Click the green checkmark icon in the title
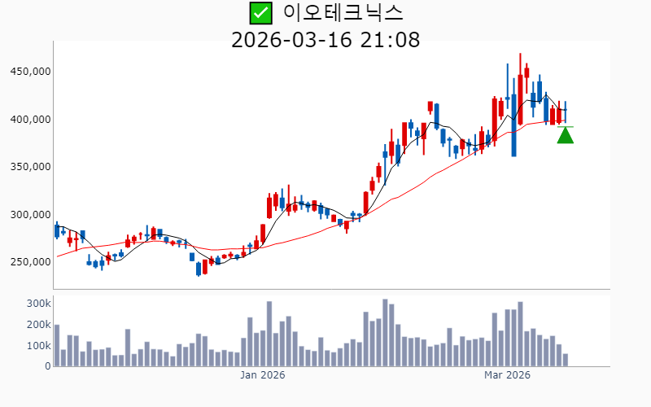point(260,13)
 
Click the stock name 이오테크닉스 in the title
point(343,13)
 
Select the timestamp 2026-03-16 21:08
point(325,39)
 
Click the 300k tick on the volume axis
point(37,303)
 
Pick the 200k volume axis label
point(37,324)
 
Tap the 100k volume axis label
point(37,345)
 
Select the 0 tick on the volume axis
point(47,366)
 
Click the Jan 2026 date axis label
point(262,375)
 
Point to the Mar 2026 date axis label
point(507,375)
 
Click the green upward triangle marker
point(565,136)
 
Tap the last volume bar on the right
point(565,360)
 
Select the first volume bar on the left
point(57,346)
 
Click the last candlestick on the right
point(565,110)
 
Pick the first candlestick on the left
point(57,230)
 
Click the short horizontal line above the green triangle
point(565,127)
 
